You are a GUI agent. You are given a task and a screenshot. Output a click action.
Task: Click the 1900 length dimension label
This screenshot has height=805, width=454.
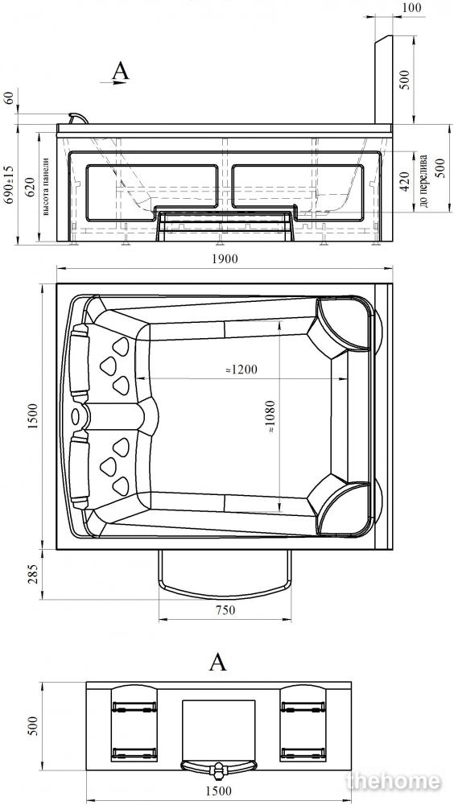[x=225, y=258]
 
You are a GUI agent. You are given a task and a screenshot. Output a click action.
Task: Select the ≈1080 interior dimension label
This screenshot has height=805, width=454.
[x=271, y=417]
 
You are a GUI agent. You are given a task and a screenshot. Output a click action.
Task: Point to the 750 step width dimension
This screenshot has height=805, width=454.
[x=225, y=610]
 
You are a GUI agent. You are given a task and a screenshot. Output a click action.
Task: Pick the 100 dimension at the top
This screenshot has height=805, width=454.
[x=411, y=8]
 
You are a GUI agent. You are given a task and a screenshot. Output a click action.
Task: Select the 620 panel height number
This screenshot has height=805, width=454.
[x=31, y=186]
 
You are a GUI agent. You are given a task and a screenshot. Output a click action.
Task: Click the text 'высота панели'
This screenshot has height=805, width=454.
[x=46, y=186]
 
